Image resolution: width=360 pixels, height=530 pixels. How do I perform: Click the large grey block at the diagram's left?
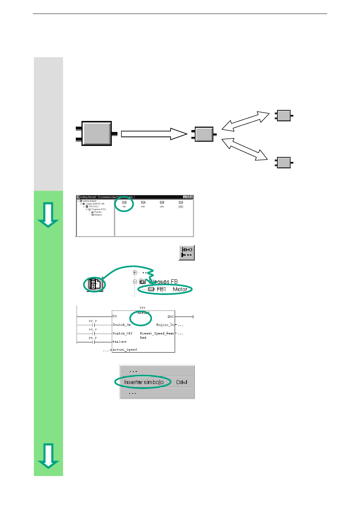(x=97, y=133)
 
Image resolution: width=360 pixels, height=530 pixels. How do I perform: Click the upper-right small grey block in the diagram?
(x=283, y=115)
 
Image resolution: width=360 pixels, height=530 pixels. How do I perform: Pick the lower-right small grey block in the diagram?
(x=283, y=163)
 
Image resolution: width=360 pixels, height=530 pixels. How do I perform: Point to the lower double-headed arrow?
(x=244, y=149)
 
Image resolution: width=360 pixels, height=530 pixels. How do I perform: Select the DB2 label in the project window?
(x=181, y=207)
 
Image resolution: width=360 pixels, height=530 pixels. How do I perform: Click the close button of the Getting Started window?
(x=191, y=197)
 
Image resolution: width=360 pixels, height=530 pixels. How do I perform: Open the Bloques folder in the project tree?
(x=98, y=215)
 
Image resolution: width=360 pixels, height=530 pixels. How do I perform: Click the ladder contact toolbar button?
(x=187, y=252)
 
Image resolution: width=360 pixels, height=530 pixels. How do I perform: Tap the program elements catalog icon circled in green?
(x=95, y=284)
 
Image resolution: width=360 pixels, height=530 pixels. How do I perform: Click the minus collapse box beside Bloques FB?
(x=135, y=282)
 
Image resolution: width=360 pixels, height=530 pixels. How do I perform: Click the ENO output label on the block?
(x=171, y=317)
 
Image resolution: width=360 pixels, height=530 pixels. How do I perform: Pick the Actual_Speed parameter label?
(x=125, y=350)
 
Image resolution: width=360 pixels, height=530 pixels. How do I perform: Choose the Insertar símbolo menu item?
(x=144, y=382)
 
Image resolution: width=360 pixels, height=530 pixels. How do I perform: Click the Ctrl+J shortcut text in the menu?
(x=182, y=382)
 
